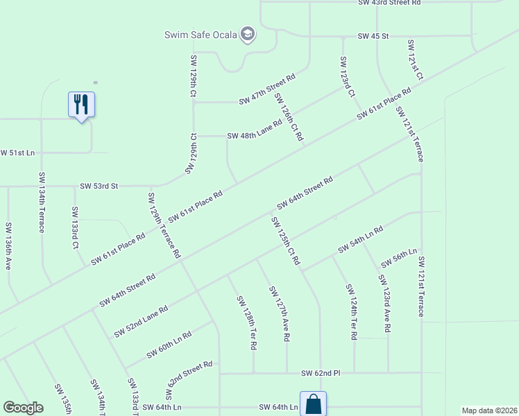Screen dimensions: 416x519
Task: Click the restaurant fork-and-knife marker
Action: pyautogui.click(x=81, y=105)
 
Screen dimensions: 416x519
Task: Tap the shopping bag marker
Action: pyautogui.click(x=313, y=404)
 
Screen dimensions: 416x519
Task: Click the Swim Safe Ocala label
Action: pyautogui.click(x=201, y=35)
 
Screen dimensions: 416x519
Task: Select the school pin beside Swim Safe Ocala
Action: pyautogui.click(x=248, y=34)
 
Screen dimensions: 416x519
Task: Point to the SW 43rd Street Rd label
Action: pyautogui.click(x=389, y=3)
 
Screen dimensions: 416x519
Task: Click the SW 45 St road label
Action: pyautogui.click(x=373, y=35)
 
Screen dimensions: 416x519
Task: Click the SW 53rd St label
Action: pyautogui.click(x=99, y=186)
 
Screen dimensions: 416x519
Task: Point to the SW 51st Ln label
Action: pyautogui.click(x=17, y=153)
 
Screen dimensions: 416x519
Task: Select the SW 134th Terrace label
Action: pyautogui.click(x=42, y=202)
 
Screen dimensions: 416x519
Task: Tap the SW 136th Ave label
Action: pyautogui.click(x=8, y=252)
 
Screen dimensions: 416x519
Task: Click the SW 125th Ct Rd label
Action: pyautogui.click(x=285, y=241)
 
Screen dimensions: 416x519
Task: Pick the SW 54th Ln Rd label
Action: pyautogui.click(x=361, y=239)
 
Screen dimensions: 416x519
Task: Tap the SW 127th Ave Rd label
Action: pyautogui.click(x=280, y=314)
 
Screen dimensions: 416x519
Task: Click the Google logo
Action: pyautogui.click(x=24, y=408)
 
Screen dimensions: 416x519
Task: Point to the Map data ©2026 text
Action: pyautogui.click(x=488, y=410)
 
